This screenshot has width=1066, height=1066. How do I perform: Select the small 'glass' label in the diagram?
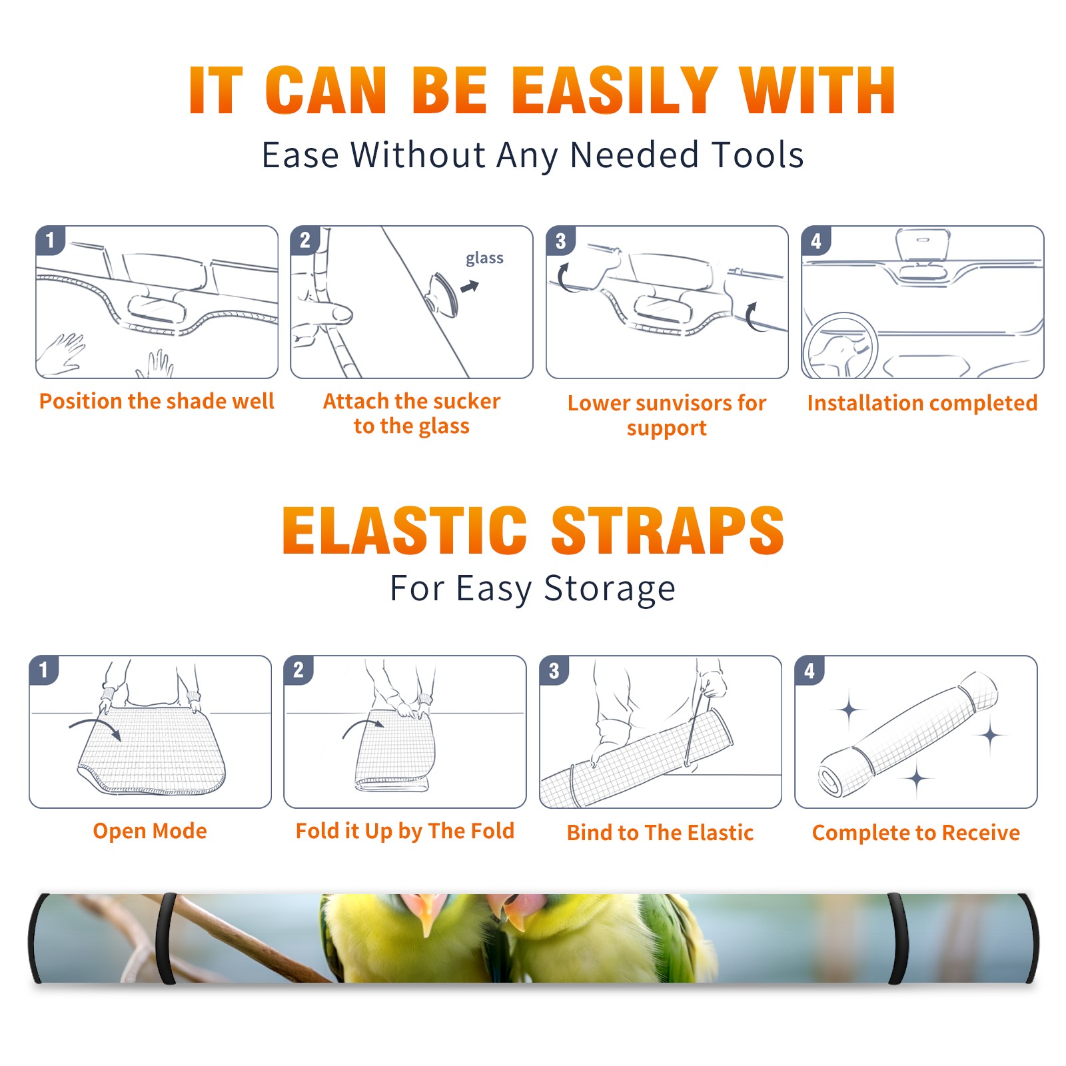(x=484, y=259)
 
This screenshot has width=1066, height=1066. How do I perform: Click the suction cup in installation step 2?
(x=443, y=294)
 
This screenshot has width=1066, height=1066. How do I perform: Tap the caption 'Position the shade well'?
(x=157, y=401)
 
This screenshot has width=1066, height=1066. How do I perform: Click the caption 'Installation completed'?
(x=922, y=402)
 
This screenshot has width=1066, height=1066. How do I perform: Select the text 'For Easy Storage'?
(x=532, y=588)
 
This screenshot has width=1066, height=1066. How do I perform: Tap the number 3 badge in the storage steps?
(x=554, y=670)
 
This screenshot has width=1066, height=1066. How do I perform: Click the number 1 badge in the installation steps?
(x=51, y=240)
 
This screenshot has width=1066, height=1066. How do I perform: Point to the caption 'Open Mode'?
(x=150, y=831)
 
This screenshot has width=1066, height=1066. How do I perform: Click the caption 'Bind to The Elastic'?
(x=660, y=832)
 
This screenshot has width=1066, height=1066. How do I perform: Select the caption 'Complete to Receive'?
(x=915, y=832)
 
